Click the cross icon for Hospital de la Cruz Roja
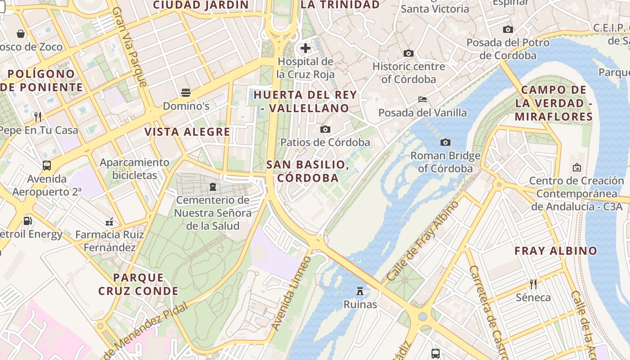point(306,48)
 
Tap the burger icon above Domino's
point(186,93)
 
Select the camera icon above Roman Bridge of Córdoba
point(445,143)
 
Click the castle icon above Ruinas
point(360,291)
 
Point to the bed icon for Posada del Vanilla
point(422,99)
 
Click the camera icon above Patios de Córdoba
point(325,130)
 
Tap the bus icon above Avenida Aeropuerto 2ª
point(47,165)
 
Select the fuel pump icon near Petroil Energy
point(27,221)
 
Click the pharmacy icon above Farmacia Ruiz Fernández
point(109,221)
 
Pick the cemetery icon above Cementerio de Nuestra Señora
point(213,186)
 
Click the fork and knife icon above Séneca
point(533,284)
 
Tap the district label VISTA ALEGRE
point(187,132)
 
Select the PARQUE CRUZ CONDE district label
point(139,284)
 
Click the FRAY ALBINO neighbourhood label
point(556,251)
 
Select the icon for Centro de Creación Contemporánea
point(577,168)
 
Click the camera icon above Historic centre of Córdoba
point(409,53)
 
